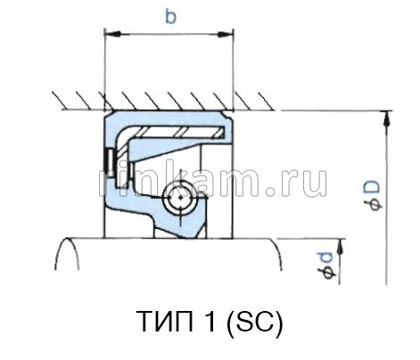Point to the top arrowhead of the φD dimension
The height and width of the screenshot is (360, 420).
(386, 116)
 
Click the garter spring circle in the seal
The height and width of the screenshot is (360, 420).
(181, 198)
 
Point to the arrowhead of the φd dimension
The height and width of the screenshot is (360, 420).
(344, 242)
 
